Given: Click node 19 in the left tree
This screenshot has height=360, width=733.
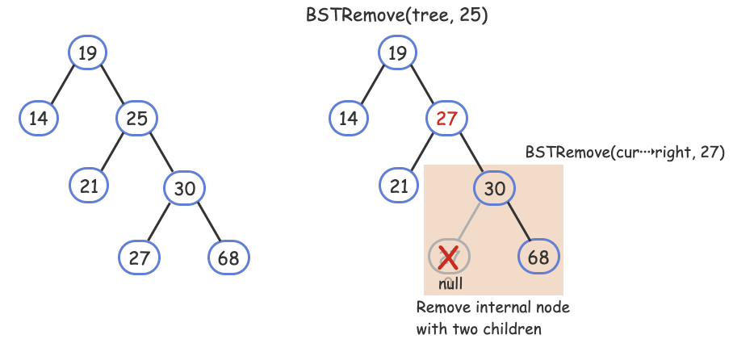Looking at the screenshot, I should [87, 53].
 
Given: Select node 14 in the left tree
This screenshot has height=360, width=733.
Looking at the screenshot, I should [39, 119].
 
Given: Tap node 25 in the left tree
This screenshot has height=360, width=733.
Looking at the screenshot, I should [136, 119].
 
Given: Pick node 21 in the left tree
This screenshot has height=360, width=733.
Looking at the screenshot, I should [89, 185].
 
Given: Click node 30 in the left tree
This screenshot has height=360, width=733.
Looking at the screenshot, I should [185, 189].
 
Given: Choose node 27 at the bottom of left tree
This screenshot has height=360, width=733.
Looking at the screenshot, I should [139, 258].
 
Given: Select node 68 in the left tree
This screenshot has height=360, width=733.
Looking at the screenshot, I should [228, 258].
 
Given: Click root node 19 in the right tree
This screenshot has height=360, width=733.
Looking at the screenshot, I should [397, 53].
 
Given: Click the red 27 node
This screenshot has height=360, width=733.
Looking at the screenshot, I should [446, 119].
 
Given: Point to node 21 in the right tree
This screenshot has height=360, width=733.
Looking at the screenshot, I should [399, 185].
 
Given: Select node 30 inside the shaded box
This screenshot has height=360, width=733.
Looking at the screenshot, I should [495, 189].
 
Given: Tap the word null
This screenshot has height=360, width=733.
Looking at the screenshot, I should [450, 284].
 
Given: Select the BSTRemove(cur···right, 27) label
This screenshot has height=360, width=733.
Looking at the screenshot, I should [624, 152].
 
